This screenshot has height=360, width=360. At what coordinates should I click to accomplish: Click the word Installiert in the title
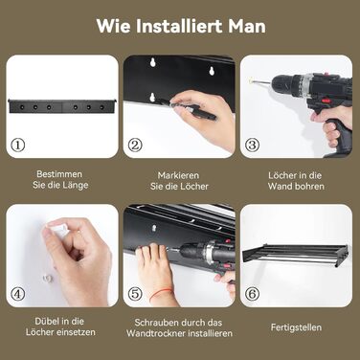(x=180, y=26)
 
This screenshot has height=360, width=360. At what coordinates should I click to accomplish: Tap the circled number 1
(x=18, y=146)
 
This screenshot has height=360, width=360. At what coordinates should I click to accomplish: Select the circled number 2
(x=135, y=146)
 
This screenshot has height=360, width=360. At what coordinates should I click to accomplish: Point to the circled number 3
(x=252, y=146)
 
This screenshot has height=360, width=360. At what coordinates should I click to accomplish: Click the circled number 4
(x=18, y=294)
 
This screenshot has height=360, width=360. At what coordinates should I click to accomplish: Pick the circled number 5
(x=135, y=294)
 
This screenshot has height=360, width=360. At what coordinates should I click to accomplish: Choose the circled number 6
(x=252, y=294)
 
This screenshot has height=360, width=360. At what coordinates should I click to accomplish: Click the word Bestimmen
(x=59, y=174)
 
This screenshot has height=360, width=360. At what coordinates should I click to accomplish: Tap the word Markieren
(x=178, y=175)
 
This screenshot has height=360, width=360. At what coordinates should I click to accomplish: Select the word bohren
(x=311, y=186)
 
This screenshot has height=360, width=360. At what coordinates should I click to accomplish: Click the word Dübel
(x=45, y=321)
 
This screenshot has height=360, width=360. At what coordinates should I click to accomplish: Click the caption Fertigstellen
(x=296, y=327)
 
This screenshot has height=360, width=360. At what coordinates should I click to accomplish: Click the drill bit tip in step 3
(x=251, y=81)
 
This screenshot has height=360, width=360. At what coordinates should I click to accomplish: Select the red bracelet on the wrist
(x=161, y=294)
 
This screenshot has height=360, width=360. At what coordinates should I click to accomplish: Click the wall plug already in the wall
(x=48, y=279)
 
